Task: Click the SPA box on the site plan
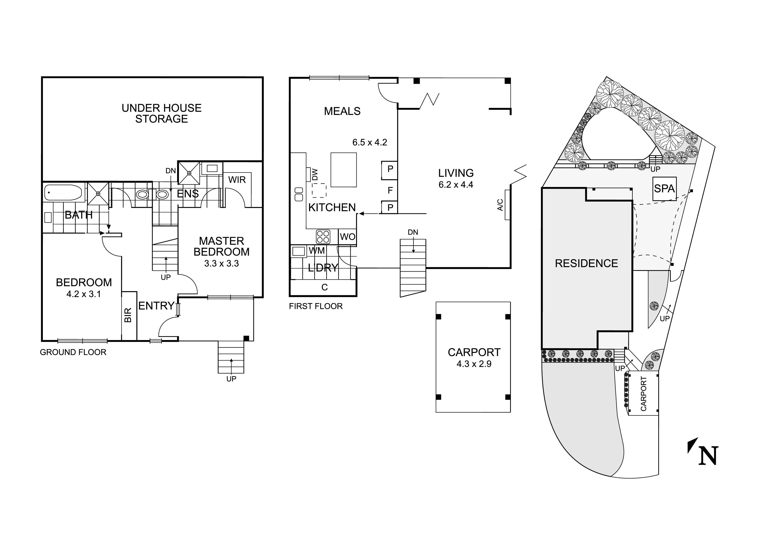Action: click(x=664, y=188)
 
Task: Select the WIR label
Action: click(x=237, y=180)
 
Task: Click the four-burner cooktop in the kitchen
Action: click(x=323, y=237)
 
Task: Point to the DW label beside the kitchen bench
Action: click(x=315, y=175)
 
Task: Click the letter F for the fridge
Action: click(x=390, y=190)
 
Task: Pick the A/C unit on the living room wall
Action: click(x=507, y=205)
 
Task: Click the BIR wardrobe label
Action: click(x=128, y=315)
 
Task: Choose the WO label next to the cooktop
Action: click(x=348, y=237)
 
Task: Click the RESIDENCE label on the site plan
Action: click(x=586, y=263)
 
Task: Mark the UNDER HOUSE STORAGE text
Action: click(x=162, y=113)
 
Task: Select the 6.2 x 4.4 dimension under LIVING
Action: click(x=456, y=185)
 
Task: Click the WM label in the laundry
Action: click(x=316, y=251)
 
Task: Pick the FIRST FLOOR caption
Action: click(x=315, y=306)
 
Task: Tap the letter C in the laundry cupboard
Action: click(x=324, y=287)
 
